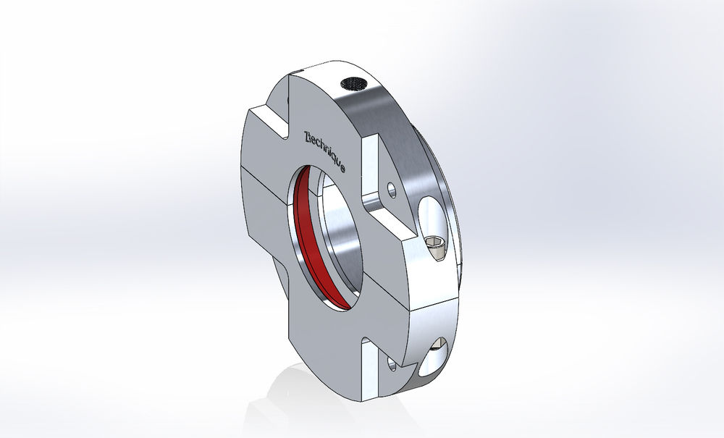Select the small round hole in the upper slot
[392, 190]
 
